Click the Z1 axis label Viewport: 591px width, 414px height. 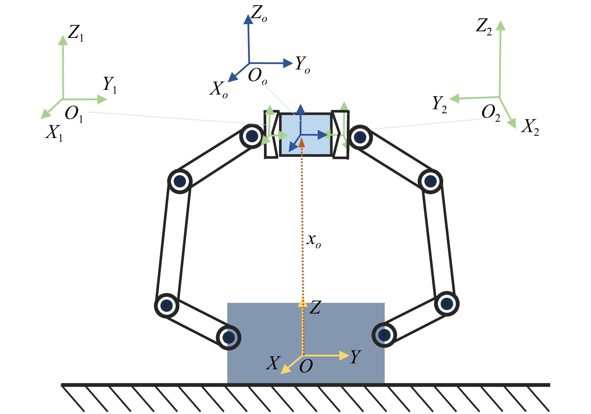click(76, 33)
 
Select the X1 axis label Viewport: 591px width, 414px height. click(54, 133)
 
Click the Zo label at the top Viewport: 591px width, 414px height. click(259, 14)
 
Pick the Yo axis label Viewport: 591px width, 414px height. click(303, 64)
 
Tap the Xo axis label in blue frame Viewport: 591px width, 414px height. click(219, 89)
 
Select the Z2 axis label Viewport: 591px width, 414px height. click(484, 26)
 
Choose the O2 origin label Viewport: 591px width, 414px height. click(491, 113)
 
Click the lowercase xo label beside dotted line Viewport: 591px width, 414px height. click(314, 241)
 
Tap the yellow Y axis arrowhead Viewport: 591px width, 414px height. click(344, 355)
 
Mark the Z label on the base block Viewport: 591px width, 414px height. click(316, 307)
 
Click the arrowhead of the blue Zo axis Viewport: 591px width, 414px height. click(248, 19)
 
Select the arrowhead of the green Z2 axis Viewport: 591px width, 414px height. click(501, 25)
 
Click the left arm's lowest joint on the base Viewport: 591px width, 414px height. click(229, 337)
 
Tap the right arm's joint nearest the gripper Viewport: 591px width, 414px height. click(360, 137)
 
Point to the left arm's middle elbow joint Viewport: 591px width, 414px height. click(180, 181)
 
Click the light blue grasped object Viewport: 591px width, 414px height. click(306, 135)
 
